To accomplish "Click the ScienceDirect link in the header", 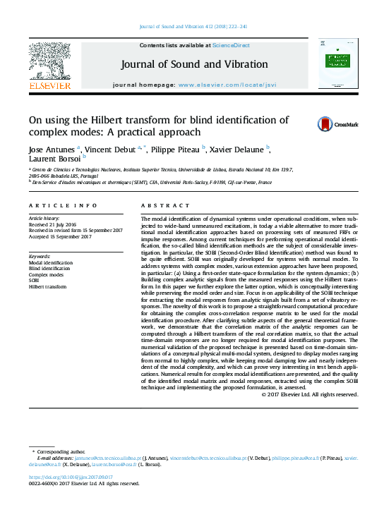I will [232, 45].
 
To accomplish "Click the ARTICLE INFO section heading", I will [63, 205].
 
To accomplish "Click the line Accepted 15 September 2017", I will [62, 237].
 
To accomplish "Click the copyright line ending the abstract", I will [310, 394].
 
